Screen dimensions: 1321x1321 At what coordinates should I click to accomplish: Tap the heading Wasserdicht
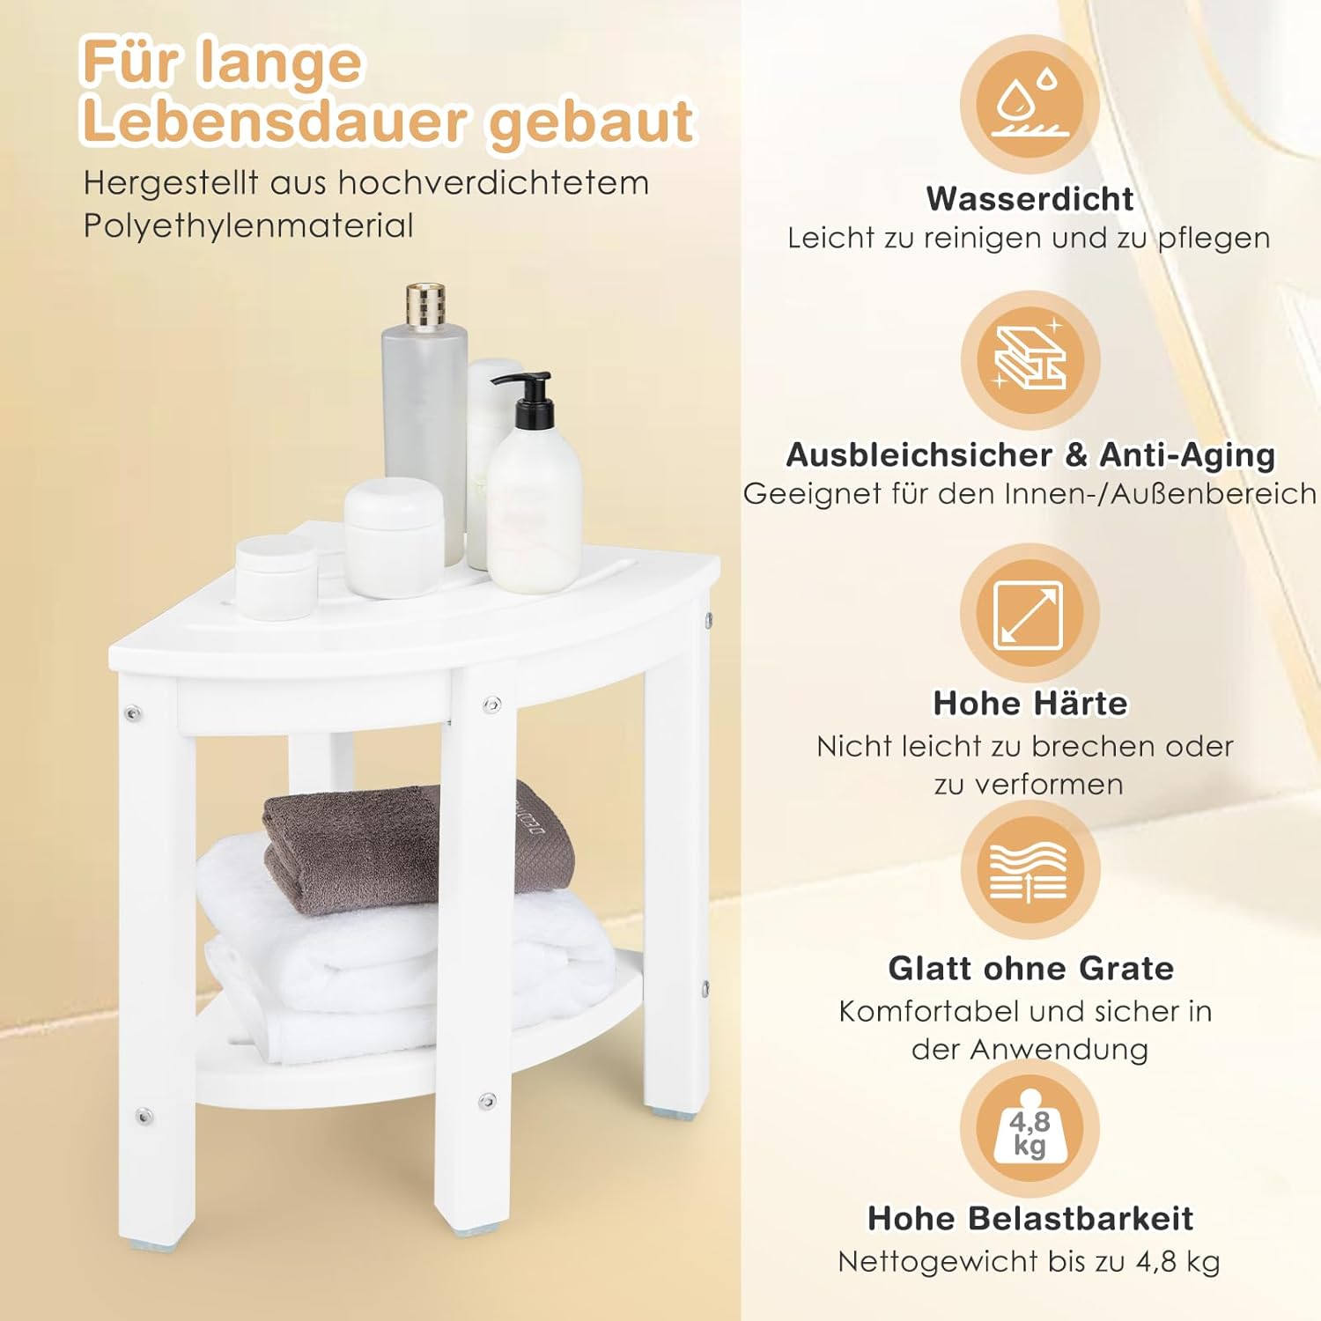point(1029,199)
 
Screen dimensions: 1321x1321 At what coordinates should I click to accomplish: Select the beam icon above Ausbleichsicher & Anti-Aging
point(1030,357)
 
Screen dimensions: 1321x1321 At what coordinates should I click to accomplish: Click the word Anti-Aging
point(1187,455)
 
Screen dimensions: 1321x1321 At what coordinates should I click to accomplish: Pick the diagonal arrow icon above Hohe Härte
point(1029,614)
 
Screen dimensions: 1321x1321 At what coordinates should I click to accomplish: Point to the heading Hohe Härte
point(1029,703)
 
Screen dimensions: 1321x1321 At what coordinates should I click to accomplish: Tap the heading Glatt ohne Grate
point(1030,968)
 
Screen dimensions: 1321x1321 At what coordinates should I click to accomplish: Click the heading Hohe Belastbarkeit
point(1030,1218)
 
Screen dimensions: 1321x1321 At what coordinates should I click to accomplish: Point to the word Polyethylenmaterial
point(248,226)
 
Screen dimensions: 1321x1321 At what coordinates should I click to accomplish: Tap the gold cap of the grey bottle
point(424,306)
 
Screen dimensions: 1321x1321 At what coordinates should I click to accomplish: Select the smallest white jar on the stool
point(276,577)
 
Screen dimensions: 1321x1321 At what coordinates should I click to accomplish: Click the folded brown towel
point(418,846)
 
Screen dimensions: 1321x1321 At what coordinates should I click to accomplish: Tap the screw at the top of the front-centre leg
point(491,704)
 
